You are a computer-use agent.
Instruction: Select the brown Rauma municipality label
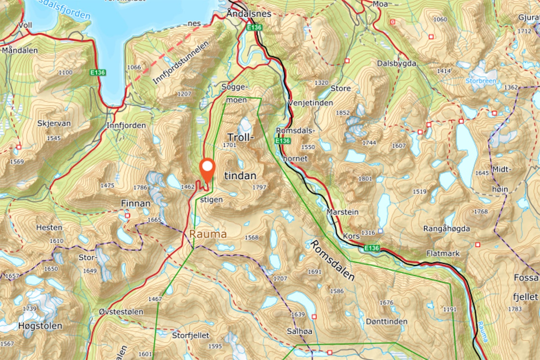click(208, 234)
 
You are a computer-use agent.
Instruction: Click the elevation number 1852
click(343, 113)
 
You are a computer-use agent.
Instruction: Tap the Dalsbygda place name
click(397, 64)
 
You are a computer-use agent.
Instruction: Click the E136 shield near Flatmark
click(372, 248)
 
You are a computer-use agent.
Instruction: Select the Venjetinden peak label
click(310, 103)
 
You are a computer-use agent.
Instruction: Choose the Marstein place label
click(343, 212)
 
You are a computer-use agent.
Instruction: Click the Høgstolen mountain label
click(40, 326)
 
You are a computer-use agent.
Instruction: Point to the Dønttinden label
click(387, 322)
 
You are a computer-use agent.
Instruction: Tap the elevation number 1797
click(259, 187)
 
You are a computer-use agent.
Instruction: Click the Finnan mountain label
click(135, 203)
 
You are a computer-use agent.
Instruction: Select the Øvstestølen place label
click(121, 312)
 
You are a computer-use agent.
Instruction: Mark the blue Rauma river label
click(483, 331)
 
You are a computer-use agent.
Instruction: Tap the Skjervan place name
click(54, 124)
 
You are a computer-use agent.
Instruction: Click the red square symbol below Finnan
click(127, 216)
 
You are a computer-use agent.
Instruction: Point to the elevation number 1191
click(450, 309)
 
